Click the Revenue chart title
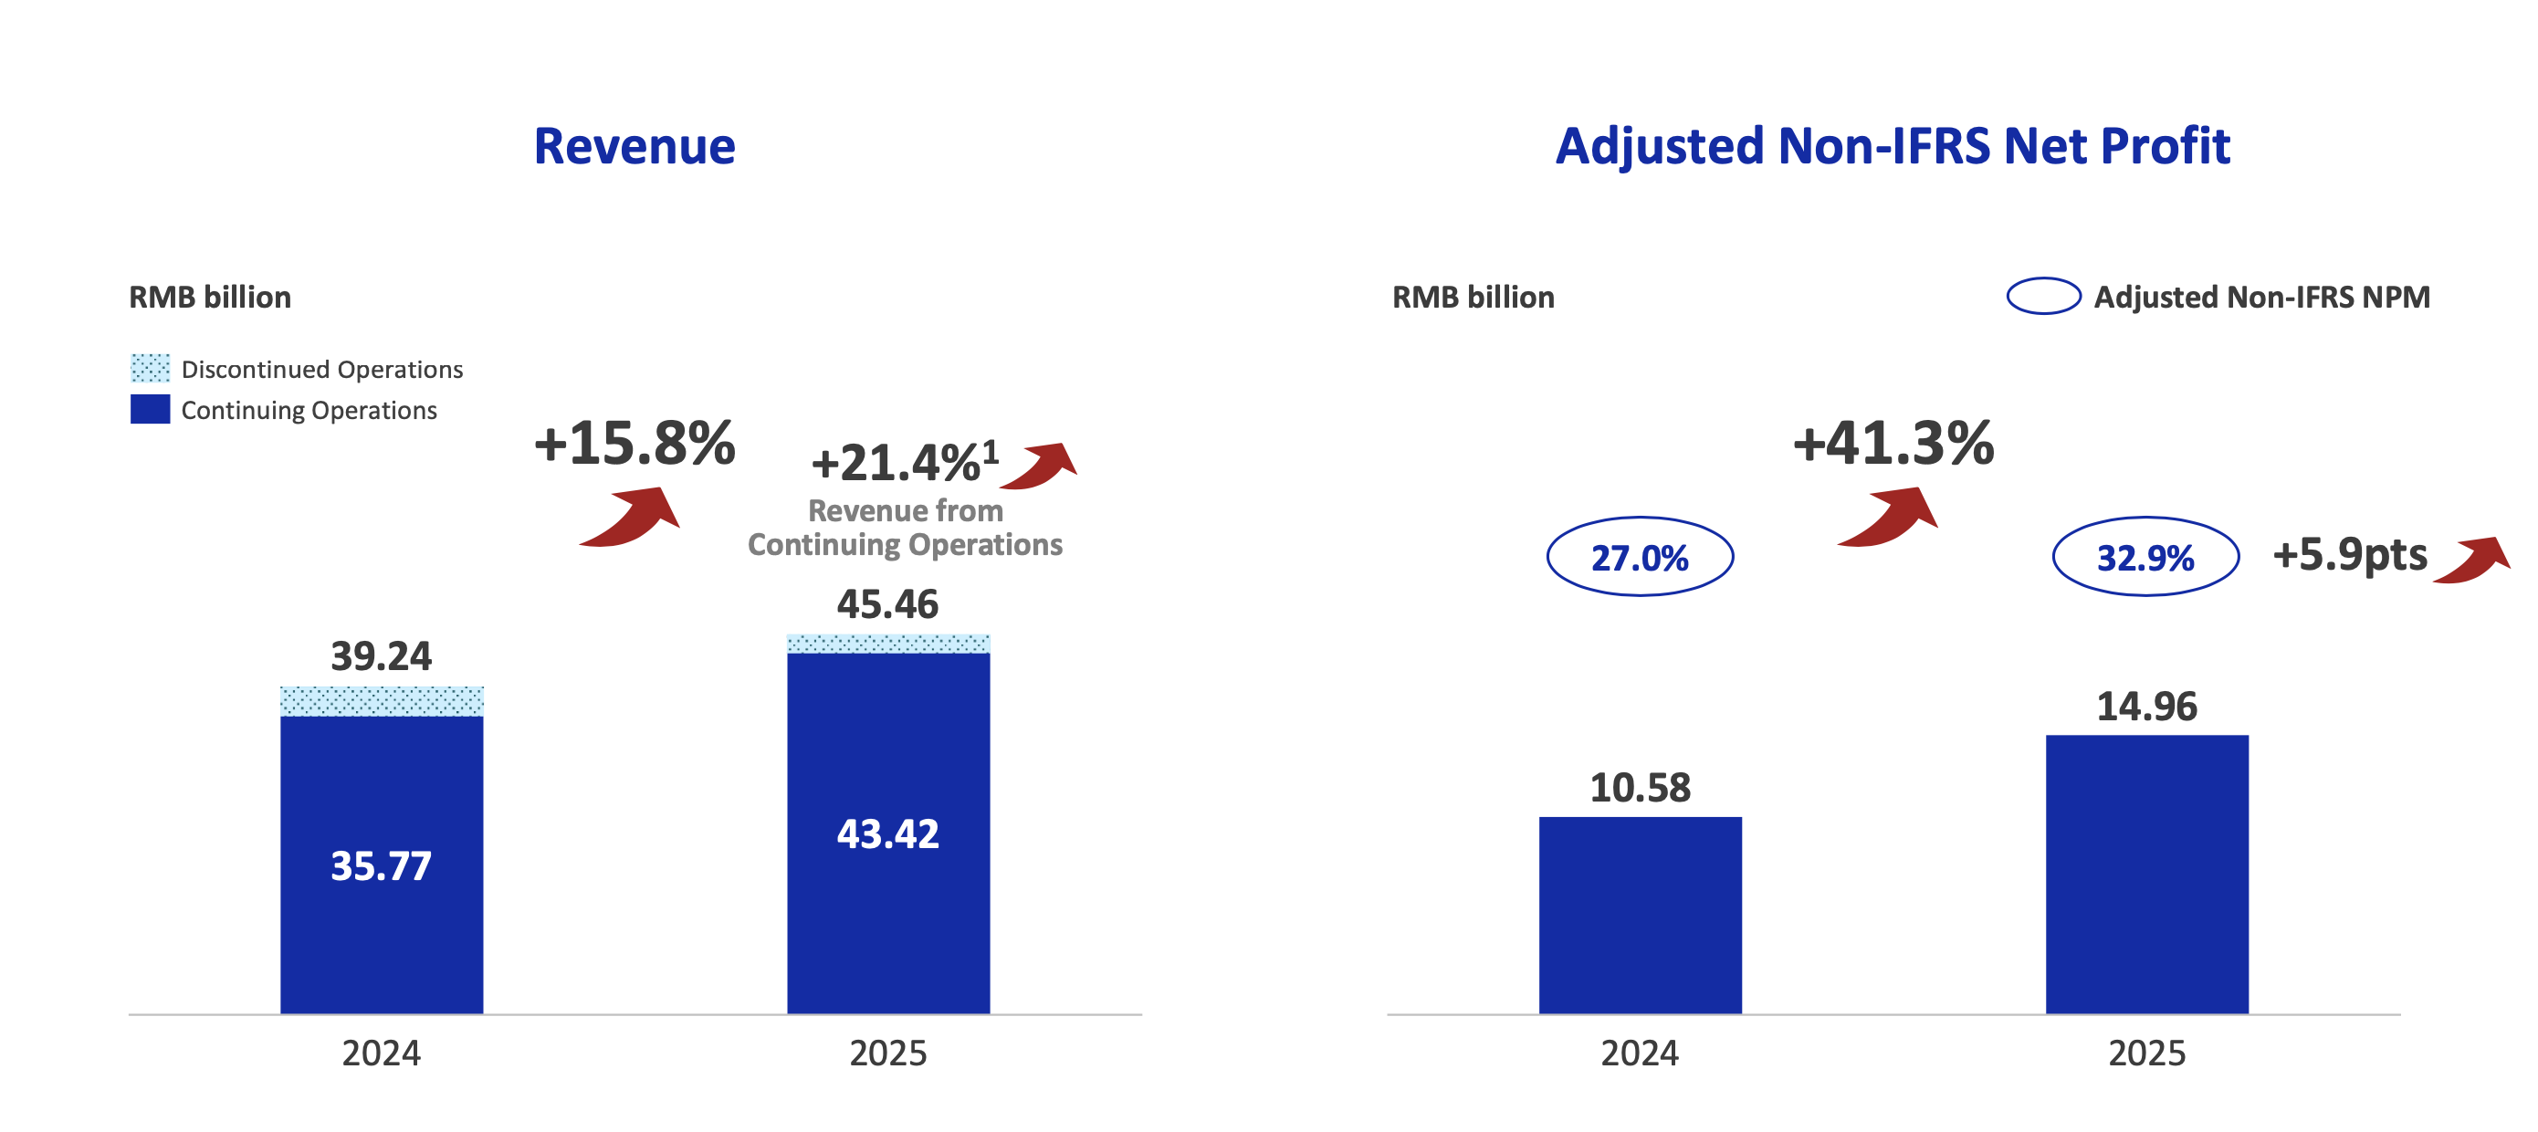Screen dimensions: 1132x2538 click(634, 147)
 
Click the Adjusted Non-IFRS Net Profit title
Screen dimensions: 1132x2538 click(1892, 147)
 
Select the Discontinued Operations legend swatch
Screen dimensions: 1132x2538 click(150, 369)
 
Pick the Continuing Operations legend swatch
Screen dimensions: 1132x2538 click(150, 409)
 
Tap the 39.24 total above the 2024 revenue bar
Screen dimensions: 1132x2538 click(382, 656)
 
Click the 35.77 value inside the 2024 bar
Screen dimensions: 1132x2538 click(382, 866)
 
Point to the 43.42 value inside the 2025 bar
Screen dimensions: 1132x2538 click(887, 833)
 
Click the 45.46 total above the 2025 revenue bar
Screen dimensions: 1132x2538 click(887, 604)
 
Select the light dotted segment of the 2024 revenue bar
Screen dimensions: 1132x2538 click(382, 700)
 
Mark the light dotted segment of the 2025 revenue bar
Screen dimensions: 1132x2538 click(887, 644)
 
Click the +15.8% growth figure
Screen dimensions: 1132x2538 click(634, 443)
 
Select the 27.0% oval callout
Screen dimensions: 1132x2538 click(1640, 557)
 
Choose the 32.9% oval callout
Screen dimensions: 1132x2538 click(2145, 557)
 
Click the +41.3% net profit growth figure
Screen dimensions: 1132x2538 click(1893, 443)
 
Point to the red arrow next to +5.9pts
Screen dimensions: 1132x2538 click(2473, 560)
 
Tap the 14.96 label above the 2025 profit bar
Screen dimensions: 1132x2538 click(2145, 707)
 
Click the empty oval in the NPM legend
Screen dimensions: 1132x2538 click(2043, 296)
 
